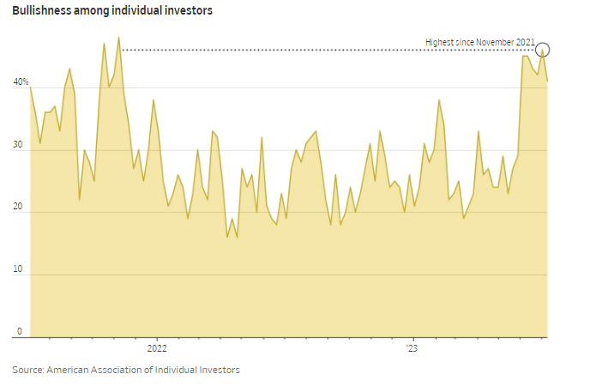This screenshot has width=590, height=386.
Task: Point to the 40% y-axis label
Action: [x=21, y=83]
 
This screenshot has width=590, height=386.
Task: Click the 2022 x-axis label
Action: [x=157, y=349]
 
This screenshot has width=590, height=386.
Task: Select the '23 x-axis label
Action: [x=412, y=349]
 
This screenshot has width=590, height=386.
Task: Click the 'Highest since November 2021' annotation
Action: [x=480, y=42]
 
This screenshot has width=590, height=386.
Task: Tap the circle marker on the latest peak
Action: [x=542, y=50]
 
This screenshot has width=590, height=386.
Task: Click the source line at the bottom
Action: [x=126, y=370]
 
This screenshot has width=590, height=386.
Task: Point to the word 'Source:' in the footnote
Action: [x=27, y=370]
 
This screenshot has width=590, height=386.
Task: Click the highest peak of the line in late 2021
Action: [x=118, y=38]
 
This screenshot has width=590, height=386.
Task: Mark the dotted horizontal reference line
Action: [x=326, y=51]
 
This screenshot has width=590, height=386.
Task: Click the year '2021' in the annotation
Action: [x=526, y=42]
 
